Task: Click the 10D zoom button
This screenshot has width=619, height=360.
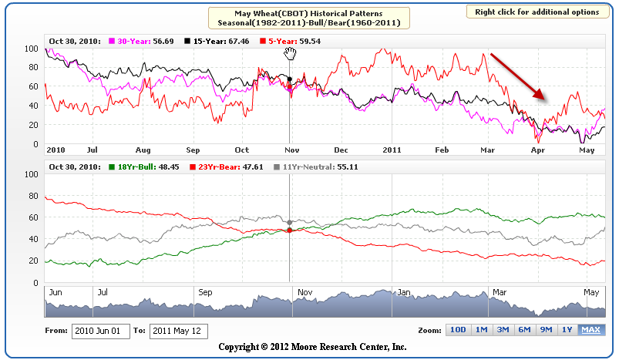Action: coord(458,330)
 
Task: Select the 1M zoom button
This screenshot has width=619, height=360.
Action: coord(480,330)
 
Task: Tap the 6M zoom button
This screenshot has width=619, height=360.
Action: coord(524,330)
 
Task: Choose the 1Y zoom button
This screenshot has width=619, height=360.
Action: coord(567,330)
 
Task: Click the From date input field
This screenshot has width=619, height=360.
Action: coord(100,331)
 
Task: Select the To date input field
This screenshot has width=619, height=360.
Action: coord(178,331)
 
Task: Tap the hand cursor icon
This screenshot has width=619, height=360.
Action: coord(290,52)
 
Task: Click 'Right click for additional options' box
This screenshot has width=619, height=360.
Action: coord(537,12)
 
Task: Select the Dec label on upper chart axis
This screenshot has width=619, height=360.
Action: coord(341,150)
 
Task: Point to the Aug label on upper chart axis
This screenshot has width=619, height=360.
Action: coord(143,150)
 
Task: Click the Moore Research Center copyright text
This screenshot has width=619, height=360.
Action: coord(312,347)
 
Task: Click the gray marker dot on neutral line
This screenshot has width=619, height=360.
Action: coord(289,222)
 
